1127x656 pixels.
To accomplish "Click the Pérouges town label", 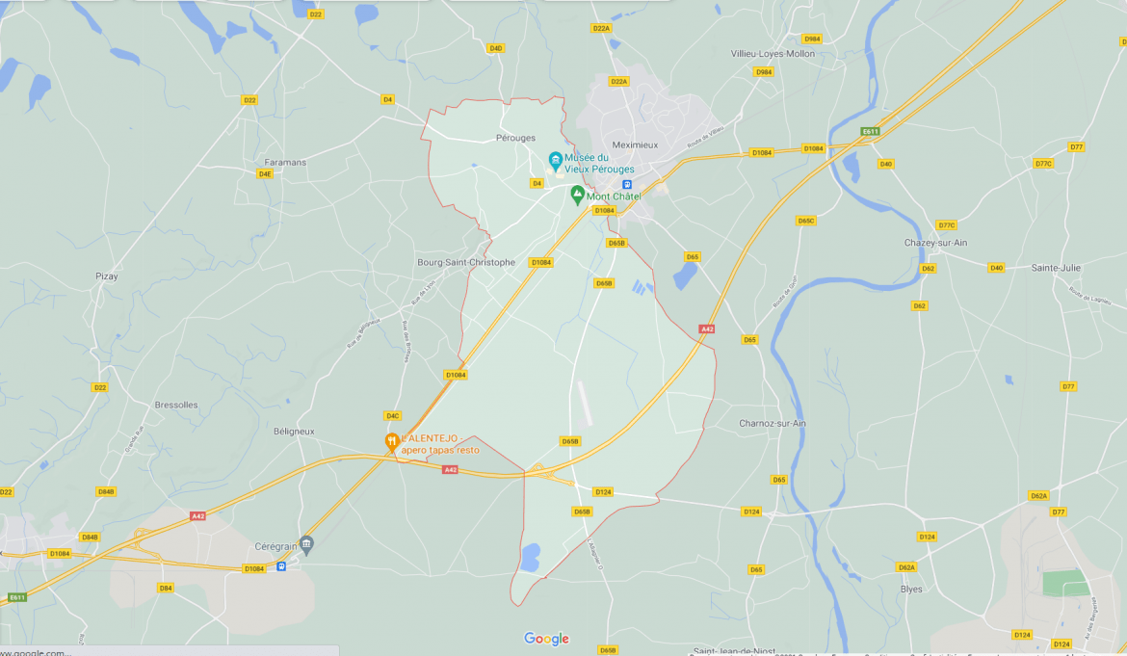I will [515, 138].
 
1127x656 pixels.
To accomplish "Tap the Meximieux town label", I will [635, 144].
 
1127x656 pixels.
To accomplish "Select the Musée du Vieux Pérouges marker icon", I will [556, 160].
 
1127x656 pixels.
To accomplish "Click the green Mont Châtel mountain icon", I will [578, 195].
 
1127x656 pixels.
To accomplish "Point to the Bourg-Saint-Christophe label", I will [466, 262].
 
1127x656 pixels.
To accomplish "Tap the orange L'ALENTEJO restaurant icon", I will [392, 442].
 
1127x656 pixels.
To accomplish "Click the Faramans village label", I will [285, 162].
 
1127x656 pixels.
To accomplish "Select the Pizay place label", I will [107, 276].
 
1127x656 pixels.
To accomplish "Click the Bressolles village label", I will [176, 405].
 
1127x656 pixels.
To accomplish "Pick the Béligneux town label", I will [294, 432].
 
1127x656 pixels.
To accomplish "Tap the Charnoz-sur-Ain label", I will [773, 423].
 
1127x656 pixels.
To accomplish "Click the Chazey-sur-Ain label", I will [935, 243].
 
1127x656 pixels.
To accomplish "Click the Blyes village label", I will [910, 589].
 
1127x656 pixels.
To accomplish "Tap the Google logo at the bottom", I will [546, 639].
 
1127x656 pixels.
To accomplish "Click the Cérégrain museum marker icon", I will [306, 544].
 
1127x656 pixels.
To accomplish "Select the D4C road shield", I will [392, 416].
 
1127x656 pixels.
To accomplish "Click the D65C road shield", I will [806, 221].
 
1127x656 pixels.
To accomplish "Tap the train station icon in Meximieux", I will [627, 185].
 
